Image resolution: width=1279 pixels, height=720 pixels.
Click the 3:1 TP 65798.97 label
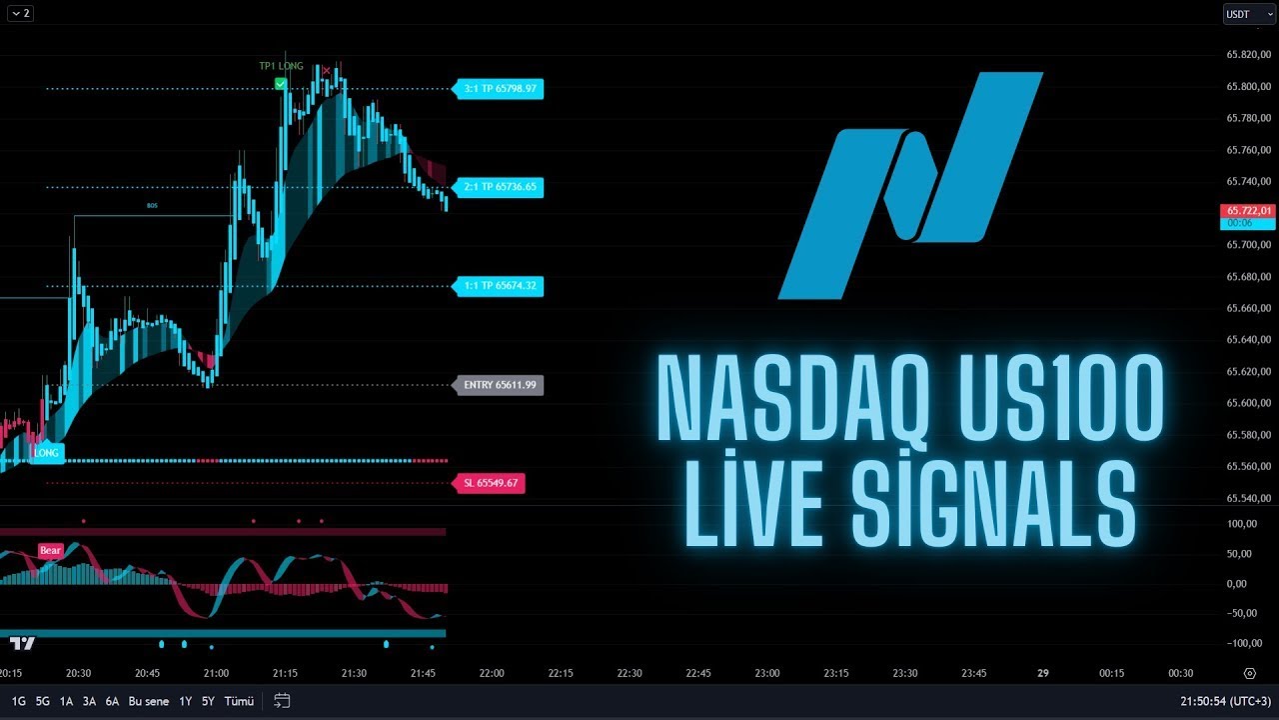pos(499,89)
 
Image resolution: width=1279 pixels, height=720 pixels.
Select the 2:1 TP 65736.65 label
pos(499,187)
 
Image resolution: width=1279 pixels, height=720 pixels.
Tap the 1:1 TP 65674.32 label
pos(499,286)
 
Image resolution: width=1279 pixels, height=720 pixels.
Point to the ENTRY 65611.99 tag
pos(499,385)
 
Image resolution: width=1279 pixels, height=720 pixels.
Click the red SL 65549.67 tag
pos(489,483)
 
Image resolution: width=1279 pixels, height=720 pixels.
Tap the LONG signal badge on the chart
pos(47,453)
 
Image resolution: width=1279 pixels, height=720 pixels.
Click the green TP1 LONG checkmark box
pos(281,84)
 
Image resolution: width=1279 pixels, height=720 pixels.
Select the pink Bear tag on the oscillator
pos(50,550)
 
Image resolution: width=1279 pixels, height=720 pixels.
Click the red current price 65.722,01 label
pos(1247,211)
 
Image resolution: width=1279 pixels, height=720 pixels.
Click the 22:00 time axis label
pos(492,674)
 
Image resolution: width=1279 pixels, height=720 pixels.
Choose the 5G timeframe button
pos(43,701)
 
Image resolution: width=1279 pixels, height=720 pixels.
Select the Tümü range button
pos(239,701)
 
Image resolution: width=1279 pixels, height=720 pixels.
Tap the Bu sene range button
pos(149,701)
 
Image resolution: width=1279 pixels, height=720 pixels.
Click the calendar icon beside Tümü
pos(282,701)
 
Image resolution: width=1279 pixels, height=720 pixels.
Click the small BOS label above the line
pos(152,205)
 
